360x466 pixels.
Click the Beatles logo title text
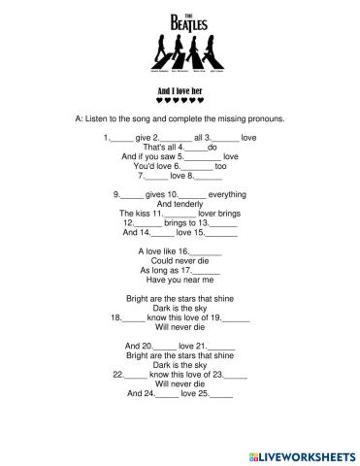click(x=180, y=18)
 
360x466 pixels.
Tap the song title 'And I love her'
click(x=180, y=86)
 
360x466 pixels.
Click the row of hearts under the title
click(x=180, y=98)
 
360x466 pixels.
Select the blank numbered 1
click(x=124, y=140)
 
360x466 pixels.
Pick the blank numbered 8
click(x=210, y=177)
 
